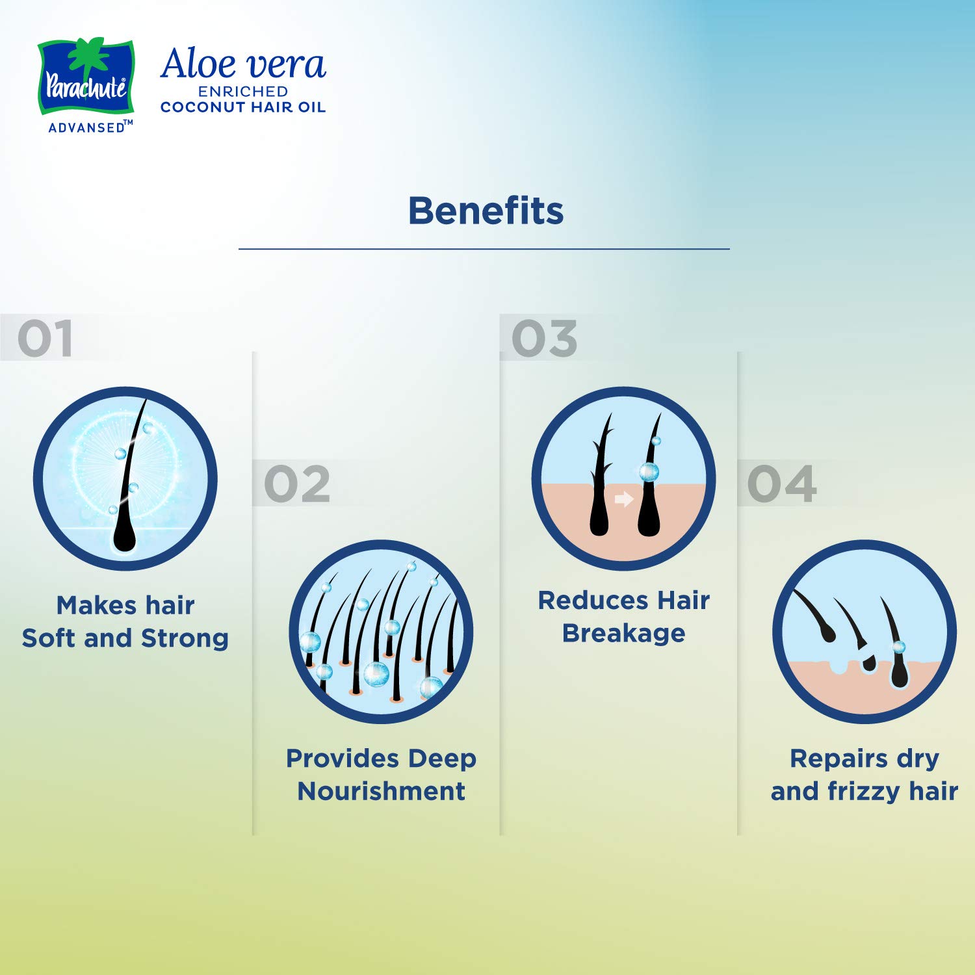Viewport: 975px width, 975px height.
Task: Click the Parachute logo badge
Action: [x=86, y=77]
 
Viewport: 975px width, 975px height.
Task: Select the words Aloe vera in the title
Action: [x=243, y=64]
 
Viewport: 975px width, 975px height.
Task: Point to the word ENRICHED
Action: [x=243, y=92]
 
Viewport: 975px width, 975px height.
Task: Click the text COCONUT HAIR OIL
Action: [x=243, y=107]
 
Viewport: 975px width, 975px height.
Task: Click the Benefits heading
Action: [x=486, y=211]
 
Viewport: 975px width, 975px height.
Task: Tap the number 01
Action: [x=45, y=339]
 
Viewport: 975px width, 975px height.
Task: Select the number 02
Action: [x=297, y=484]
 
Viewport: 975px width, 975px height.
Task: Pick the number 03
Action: [x=545, y=339]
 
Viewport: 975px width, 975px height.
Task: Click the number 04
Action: [x=782, y=484]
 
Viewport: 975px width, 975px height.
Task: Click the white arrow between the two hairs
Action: [x=624, y=499]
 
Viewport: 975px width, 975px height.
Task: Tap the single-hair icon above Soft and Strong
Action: [x=125, y=479]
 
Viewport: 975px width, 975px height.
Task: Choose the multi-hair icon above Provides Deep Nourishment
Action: [x=381, y=632]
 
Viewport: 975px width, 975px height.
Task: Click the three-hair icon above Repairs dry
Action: [x=864, y=632]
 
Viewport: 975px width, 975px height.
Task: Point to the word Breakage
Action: [x=624, y=633]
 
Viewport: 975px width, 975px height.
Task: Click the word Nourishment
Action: [x=382, y=791]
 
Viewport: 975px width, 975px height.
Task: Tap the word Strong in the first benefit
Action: [x=185, y=638]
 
